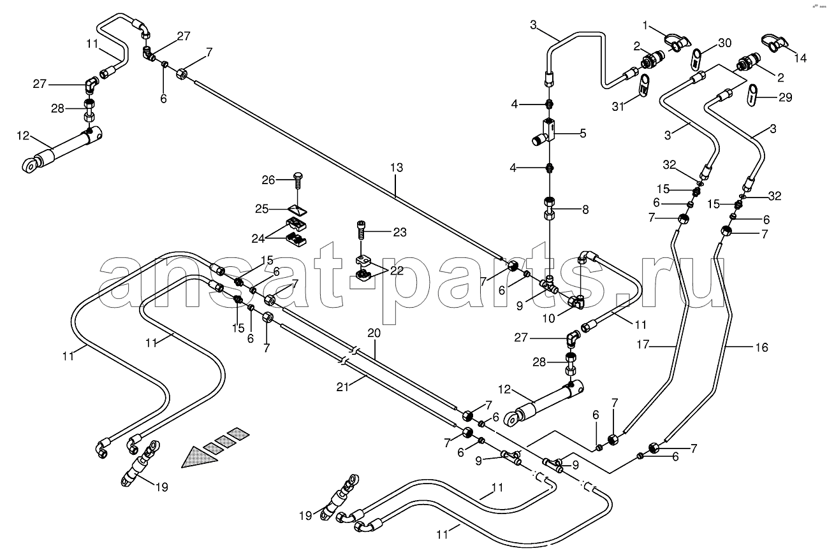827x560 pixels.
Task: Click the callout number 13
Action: point(397,168)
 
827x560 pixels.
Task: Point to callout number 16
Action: point(761,347)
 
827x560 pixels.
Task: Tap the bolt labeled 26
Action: point(298,183)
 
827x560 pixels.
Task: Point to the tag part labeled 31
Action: point(645,85)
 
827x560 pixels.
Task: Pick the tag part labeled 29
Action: point(752,96)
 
